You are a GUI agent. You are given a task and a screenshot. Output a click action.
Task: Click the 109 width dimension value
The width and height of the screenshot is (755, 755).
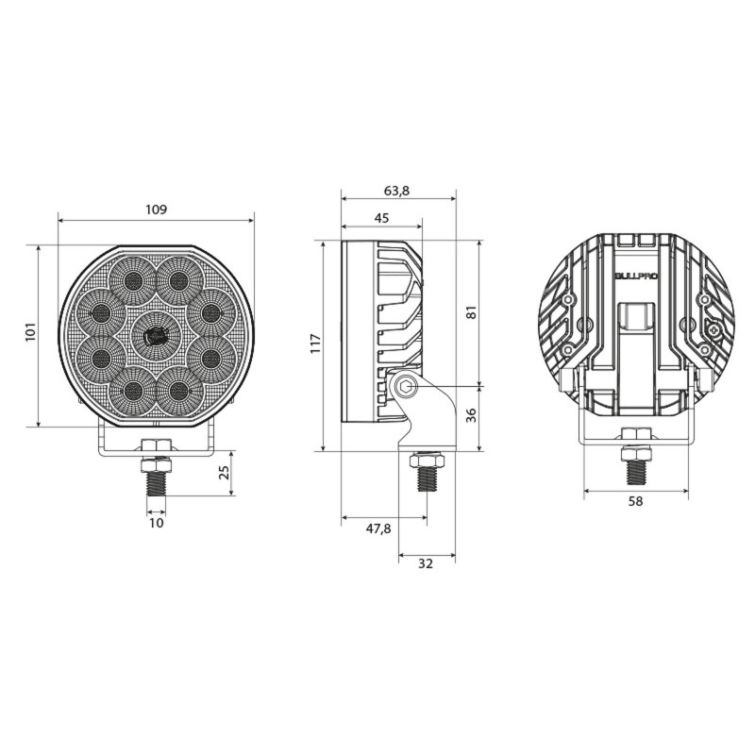tap(157, 210)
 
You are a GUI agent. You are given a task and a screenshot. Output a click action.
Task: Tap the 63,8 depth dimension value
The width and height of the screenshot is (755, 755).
tap(397, 190)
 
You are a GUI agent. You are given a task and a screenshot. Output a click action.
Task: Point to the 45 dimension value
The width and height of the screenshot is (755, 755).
tap(381, 217)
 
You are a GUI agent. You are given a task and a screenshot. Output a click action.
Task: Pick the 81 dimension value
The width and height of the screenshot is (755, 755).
tap(471, 312)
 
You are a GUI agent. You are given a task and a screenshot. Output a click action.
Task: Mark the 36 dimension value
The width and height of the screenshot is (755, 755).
tap(471, 417)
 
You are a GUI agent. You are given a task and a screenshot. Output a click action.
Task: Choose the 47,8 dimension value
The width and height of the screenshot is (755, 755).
tap(377, 528)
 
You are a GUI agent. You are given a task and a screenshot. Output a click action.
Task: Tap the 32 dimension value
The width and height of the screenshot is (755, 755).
tap(425, 563)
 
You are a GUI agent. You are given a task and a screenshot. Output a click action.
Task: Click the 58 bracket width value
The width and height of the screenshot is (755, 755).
tap(635, 501)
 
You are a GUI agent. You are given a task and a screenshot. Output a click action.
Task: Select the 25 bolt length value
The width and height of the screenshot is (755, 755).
tap(224, 473)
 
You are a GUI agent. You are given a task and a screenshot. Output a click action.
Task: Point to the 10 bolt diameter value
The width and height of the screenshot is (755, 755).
tap(156, 522)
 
